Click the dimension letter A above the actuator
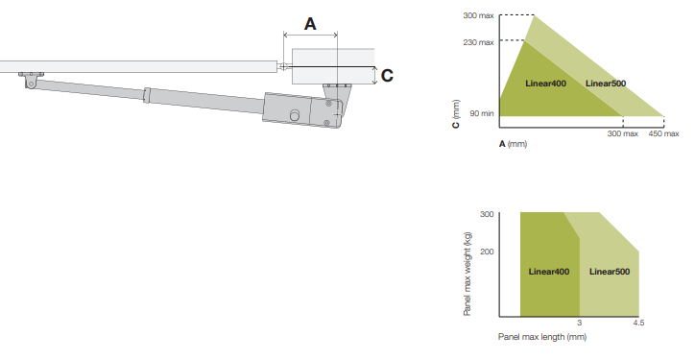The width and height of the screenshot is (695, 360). coord(310,24)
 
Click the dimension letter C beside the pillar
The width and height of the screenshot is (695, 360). coord(387,76)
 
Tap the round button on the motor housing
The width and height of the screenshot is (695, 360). coord(295,115)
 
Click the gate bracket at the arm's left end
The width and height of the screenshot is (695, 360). coord(31,80)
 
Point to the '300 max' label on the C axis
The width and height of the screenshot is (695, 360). coord(478,15)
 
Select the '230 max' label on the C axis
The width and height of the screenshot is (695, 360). coord(478,42)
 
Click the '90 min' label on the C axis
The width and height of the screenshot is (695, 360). coord(482,113)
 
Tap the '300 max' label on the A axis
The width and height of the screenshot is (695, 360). coord(623,133)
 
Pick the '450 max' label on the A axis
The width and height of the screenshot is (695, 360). coord(663,133)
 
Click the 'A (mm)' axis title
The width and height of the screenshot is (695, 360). coord(514,144)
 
